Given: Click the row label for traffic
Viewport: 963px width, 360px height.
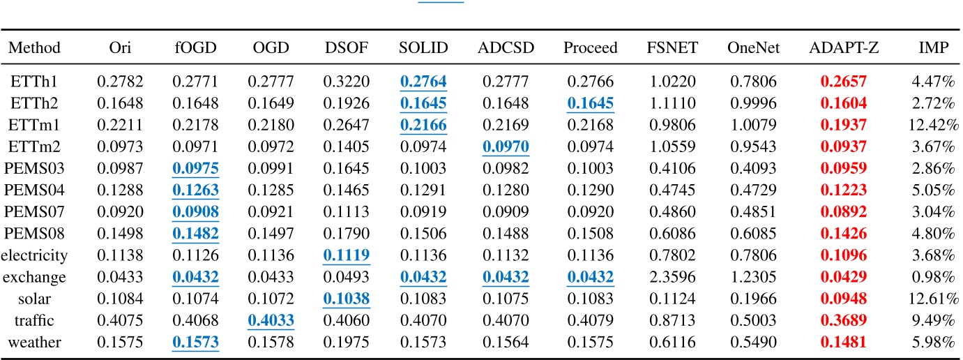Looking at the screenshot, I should (x=34, y=322).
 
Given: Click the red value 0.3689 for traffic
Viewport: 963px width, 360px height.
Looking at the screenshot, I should (x=844, y=322).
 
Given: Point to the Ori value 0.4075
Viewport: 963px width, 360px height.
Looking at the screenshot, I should (x=120, y=322).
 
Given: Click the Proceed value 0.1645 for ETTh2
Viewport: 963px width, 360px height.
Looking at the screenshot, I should (x=590, y=104).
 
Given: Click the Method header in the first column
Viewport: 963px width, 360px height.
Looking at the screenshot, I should (x=34, y=48).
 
